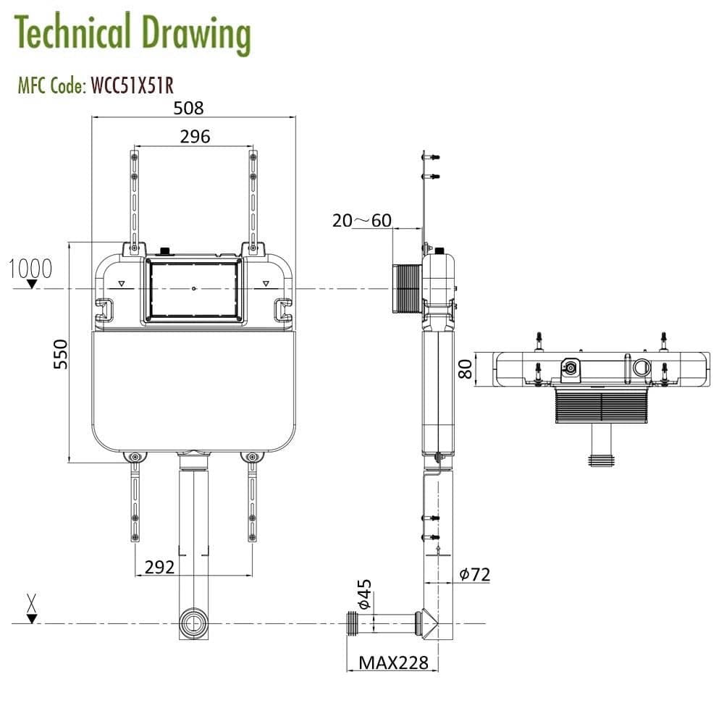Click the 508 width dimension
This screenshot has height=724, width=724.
pyautogui.click(x=188, y=109)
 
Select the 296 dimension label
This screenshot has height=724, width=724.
pyautogui.click(x=195, y=136)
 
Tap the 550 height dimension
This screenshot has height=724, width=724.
pyautogui.click(x=62, y=354)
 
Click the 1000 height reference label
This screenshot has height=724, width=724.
pyautogui.click(x=31, y=269)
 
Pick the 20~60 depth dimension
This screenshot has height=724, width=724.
pyautogui.click(x=361, y=220)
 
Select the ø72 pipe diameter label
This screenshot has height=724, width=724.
pyautogui.click(x=475, y=575)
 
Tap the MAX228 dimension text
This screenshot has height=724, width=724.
pyautogui.click(x=394, y=662)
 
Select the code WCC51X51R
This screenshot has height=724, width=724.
pyautogui.click(x=131, y=86)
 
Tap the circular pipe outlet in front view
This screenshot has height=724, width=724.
pyautogui.click(x=193, y=623)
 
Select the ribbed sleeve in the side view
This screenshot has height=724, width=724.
pyautogui.click(x=408, y=289)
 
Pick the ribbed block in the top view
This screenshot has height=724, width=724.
pyautogui.click(x=600, y=405)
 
